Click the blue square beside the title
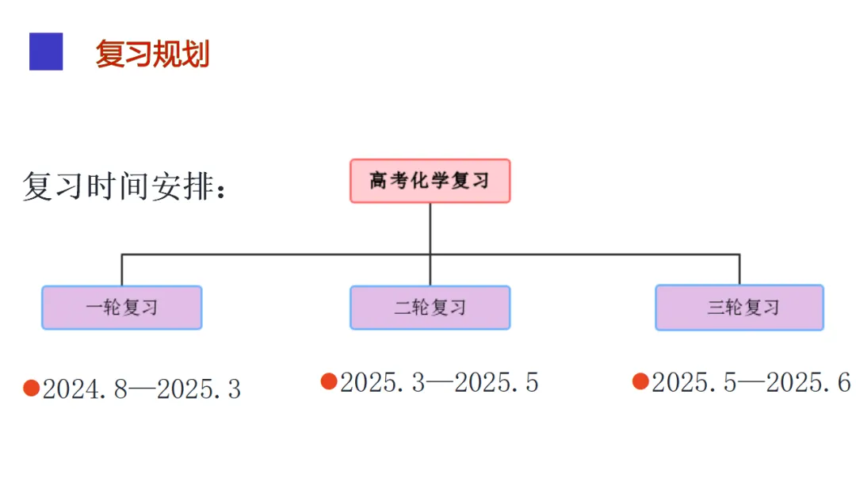[46, 52]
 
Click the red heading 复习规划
[152, 53]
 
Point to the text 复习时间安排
[118, 186]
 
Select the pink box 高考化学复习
[430, 182]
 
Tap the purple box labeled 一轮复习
[122, 308]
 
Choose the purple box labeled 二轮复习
[430, 308]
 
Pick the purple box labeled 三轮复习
[739, 308]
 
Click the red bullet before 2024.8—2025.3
[31, 388]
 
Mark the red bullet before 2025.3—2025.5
[329, 381]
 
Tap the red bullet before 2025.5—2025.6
[640, 381]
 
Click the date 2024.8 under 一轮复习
[85, 389]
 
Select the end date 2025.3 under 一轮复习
[199, 389]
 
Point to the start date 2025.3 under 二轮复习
[383, 382]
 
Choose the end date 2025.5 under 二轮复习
[497, 382]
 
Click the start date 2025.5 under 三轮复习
[694, 382]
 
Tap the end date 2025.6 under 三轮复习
[808, 382]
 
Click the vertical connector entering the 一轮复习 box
[122, 270]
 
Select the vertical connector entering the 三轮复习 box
[739, 270]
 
